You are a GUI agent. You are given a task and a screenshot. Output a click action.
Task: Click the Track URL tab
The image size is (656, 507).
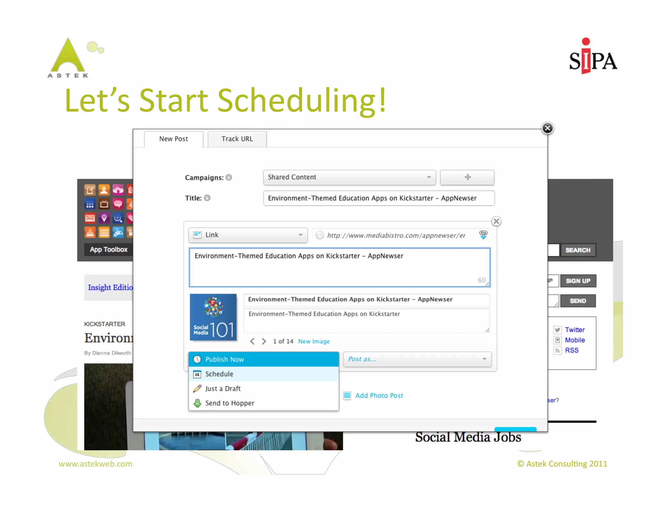click(x=237, y=139)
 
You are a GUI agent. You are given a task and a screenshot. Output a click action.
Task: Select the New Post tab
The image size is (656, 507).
click(x=173, y=139)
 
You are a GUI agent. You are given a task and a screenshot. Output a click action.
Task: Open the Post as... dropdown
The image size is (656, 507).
click(x=417, y=359)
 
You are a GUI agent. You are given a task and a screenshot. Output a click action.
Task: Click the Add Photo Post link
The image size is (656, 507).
click(x=379, y=395)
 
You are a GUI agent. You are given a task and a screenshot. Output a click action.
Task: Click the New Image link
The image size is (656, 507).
click(x=314, y=341)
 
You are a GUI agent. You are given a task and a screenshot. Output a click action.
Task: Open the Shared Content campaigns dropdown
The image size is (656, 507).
click(x=349, y=177)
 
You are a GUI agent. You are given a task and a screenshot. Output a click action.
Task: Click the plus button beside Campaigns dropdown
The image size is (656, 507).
click(x=467, y=177)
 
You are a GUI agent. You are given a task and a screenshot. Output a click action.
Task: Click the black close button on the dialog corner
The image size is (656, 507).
click(x=547, y=128)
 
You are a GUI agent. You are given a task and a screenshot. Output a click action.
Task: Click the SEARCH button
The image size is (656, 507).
click(x=578, y=250)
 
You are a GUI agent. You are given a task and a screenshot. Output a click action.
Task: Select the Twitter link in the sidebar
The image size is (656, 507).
click(x=574, y=330)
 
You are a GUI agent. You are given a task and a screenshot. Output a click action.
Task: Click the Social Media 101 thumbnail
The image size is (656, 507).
click(x=213, y=317)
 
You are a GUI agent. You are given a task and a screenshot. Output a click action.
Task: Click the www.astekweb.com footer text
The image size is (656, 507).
click(x=95, y=464)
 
